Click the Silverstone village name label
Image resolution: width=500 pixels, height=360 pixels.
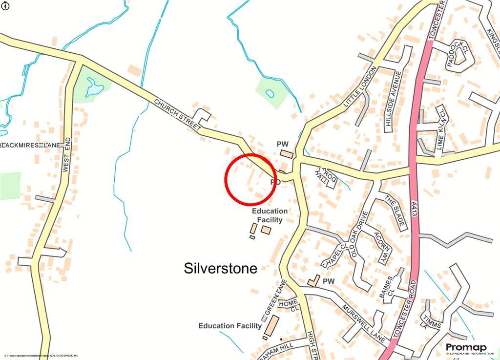(220, 268)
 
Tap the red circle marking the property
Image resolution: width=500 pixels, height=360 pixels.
(250, 179)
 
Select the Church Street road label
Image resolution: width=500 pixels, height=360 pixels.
(178, 115)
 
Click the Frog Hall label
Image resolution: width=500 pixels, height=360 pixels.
(325, 175)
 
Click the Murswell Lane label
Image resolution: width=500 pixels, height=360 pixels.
(364, 322)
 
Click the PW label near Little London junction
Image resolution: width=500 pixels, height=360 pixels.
(283, 144)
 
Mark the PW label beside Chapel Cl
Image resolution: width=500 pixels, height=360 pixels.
(329, 281)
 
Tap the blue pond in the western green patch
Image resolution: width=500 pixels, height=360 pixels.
(94, 88)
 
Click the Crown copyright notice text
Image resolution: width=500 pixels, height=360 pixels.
(41, 356)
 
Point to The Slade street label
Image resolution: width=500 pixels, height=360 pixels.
(394, 213)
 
